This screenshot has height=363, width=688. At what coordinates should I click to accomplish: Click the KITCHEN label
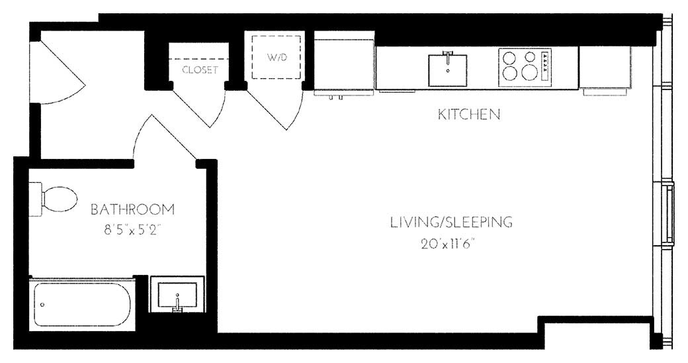[x=468, y=115]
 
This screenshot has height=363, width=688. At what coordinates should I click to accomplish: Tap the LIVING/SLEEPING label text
[x=451, y=222]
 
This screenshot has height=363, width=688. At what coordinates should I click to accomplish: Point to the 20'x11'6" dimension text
[x=449, y=243]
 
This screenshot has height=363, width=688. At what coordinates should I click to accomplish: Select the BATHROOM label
[x=132, y=210]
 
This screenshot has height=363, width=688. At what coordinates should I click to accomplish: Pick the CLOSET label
[x=200, y=70]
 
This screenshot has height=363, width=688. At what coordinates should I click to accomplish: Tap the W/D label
[x=277, y=58]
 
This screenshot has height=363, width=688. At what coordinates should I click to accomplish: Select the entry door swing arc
[x=63, y=73]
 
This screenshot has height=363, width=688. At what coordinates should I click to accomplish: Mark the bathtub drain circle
[x=42, y=305]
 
